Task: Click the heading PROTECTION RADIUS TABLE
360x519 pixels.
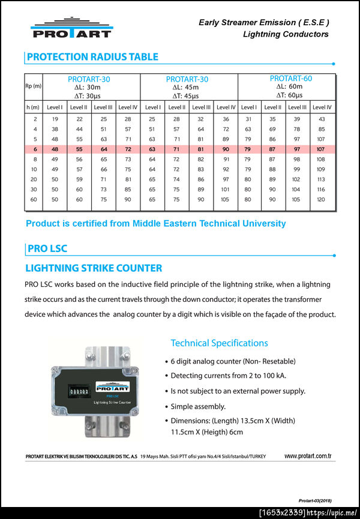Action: pos(92,57)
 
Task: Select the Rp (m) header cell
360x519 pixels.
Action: pos(33,86)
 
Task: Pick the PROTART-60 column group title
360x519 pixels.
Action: pos(290,79)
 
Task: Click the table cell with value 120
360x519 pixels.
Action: pos(321,199)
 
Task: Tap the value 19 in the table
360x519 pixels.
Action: pos(55,119)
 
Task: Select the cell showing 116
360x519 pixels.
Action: pos(321,189)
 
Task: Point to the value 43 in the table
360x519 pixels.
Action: pos(322,119)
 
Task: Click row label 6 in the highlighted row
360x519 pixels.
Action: pos(35,149)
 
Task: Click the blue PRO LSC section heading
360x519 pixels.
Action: pos(47,248)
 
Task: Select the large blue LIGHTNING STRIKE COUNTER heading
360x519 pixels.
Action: pos(94,268)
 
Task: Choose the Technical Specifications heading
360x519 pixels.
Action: pos(219,343)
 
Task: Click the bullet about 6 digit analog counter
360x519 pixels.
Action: pos(233,361)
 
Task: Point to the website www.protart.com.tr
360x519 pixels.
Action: pos(308,456)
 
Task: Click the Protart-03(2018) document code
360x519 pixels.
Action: pos(315,500)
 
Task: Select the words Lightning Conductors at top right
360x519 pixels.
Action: pos(286,34)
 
